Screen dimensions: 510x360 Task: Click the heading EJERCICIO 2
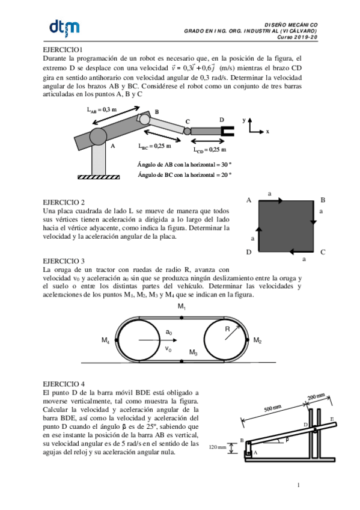pos(64,202)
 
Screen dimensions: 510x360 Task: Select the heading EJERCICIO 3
pos(64,261)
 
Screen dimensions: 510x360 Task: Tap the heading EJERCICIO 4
pos(64,382)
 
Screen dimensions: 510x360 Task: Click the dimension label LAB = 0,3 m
pos(102,109)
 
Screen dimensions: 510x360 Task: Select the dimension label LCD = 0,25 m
pos(210,150)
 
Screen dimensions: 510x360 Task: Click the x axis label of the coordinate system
pos(267,131)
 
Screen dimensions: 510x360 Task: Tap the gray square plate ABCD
pos(285,227)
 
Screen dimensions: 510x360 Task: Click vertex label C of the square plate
pos(323,253)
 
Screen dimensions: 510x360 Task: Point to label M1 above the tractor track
pos(182,307)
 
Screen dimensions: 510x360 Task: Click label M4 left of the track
pos(106,341)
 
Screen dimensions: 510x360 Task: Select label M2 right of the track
pos(257,341)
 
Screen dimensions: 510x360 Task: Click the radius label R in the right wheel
pos(228,329)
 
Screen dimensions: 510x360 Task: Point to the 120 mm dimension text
pos(218,447)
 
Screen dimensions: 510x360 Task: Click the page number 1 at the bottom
pos(298,485)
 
